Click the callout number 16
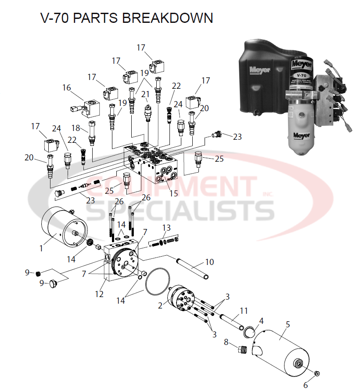67,88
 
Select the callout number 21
145,94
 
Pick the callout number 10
209,262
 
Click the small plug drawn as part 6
317,374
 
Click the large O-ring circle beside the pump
157,281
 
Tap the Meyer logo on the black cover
259,69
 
